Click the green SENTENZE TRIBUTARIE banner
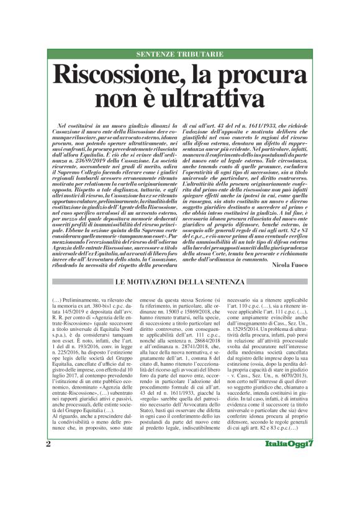click(180, 55)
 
